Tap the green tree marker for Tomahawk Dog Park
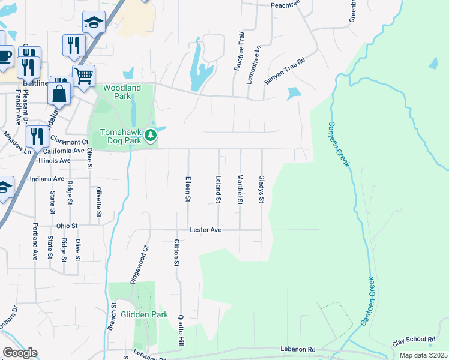152,136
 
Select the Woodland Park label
122,92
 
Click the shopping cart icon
84,76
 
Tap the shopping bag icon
60,94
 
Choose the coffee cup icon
4,58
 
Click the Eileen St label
188,188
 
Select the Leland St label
218,188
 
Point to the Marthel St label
240,189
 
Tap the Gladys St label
261,189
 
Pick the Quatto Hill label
181,331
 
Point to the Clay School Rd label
414,340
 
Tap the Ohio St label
67,226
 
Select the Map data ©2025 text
423,355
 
